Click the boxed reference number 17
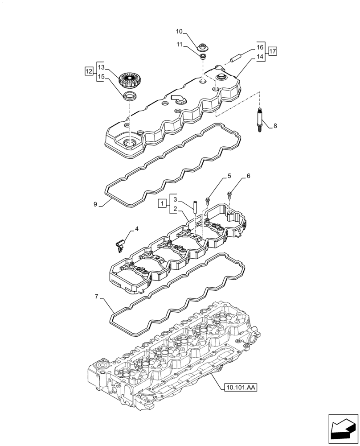(x=273, y=51)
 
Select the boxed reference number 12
(x=89, y=71)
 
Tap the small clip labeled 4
(x=119, y=245)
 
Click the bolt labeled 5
(x=208, y=199)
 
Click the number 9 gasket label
(x=95, y=204)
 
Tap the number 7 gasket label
(x=96, y=296)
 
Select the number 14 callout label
(x=260, y=57)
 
